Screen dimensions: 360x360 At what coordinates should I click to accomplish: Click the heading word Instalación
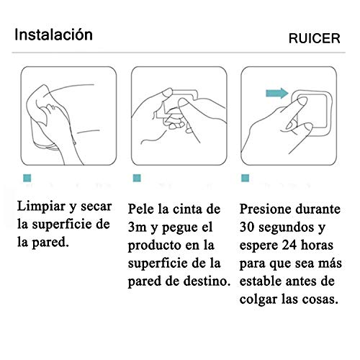click(x=54, y=35)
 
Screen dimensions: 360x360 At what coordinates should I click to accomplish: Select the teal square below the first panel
click(x=26, y=177)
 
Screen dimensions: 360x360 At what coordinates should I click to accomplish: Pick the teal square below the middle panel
click(x=135, y=177)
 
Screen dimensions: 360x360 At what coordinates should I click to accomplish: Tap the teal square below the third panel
click(x=246, y=177)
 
